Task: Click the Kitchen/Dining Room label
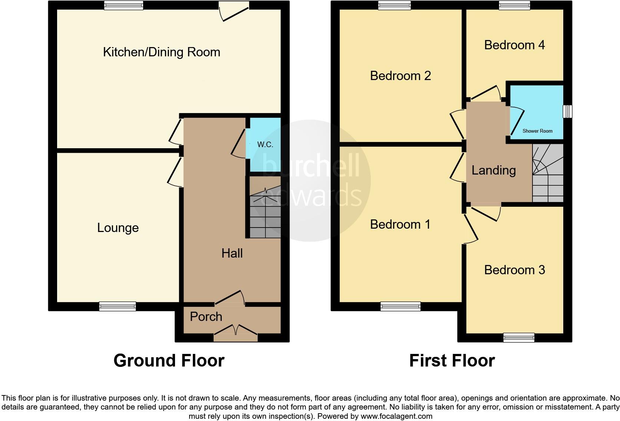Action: point(161,52)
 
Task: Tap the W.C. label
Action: point(265,145)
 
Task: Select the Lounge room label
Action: point(118,228)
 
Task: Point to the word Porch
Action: point(206,316)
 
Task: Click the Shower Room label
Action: point(537,131)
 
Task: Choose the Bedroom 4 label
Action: point(514,45)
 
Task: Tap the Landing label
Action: point(494,170)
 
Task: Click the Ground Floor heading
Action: point(169,360)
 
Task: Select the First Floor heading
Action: point(452,360)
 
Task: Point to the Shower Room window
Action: point(567,112)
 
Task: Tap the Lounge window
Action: point(117,306)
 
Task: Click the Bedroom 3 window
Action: point(519,337)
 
